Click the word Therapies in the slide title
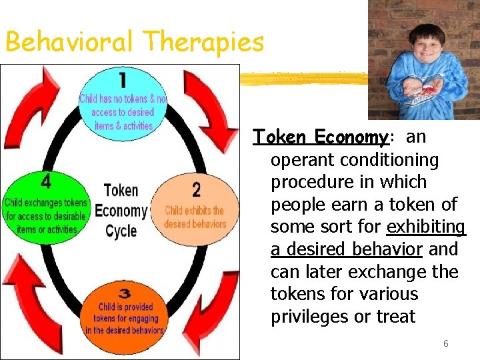point(203,43)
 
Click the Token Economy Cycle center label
point(121,211)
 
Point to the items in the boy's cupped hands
point(423,90)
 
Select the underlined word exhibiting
point(426,227)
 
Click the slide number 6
point(446,344)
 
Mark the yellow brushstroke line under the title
point(303,78)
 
